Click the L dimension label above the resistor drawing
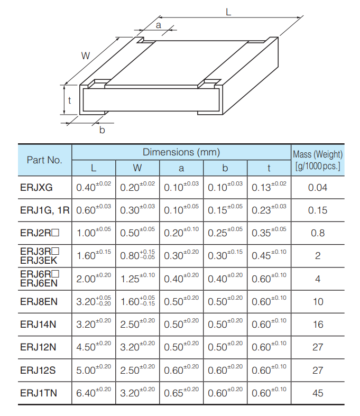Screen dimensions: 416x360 pyautogui.click(x=228, y=12)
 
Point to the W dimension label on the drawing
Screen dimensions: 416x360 pyautogui.click(x=85, y=55)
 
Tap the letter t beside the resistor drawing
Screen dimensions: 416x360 pyautogui.click(x=69, y=100)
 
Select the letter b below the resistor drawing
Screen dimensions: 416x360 pyautogui.click(x=102, y=130)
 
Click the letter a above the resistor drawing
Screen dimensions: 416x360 pyautogui.click(x=158, y=25)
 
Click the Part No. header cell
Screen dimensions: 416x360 pyautogui.click(x=44, y=160)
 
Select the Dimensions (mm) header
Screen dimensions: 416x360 pyautogui.click(x=181, y=152)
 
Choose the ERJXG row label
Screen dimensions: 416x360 pyautogui.click(x=36, y=187)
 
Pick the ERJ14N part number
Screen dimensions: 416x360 pyautogui.click(x=38, y=324)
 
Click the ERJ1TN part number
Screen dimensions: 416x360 pyautogui.click(x=38, y=393)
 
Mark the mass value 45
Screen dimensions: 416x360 pyautogui.click(x=318, y=393)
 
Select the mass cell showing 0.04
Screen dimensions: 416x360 pyautogui.click(x=318, y=187)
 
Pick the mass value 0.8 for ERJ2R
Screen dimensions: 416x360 pyautogui.click(x=318, y=233)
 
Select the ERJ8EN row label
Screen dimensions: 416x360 pyautogui.click(x=38, y=301)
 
